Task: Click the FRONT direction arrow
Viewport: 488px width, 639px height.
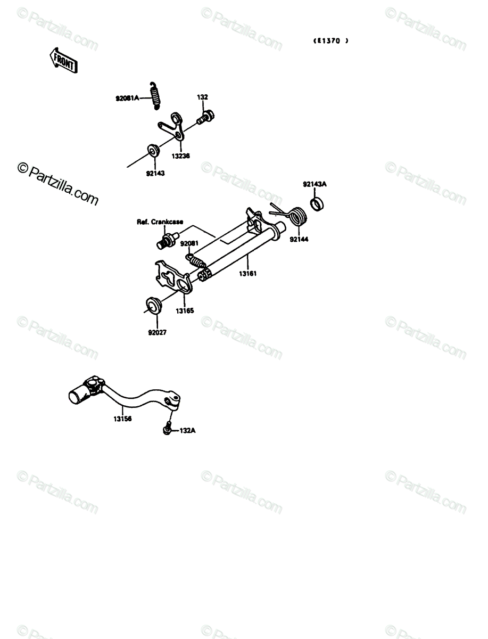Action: (x=63, y=60)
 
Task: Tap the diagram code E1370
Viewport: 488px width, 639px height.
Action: (x=330, y=41)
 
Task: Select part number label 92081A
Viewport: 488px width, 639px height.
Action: (x=127, y=99)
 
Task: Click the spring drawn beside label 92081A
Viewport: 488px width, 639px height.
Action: (x=155, y=95)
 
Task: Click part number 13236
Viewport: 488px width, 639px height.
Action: (x=180, y=156)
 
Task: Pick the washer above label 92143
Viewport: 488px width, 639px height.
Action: (x=154, y=151)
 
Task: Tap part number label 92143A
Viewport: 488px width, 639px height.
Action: (x=315, y=184)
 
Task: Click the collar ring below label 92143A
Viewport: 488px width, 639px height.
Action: (x=317, y=204)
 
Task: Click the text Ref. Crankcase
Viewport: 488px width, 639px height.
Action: (x=160, y=222)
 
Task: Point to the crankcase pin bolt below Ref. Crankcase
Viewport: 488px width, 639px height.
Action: (x=167, y=241)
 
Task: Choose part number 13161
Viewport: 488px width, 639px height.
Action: (x=248, y=274)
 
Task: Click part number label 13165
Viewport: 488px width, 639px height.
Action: (x=185, y=311)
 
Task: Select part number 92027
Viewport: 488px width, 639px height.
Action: (x=158, y=332)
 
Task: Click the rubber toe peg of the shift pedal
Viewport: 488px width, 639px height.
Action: (x=78, y=394)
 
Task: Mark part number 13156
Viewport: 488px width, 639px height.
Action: (x=122, y=419)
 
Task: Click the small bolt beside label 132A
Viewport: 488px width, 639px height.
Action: (x=167, y=428)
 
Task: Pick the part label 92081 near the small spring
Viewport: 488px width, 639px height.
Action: (x=189, y=243)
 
